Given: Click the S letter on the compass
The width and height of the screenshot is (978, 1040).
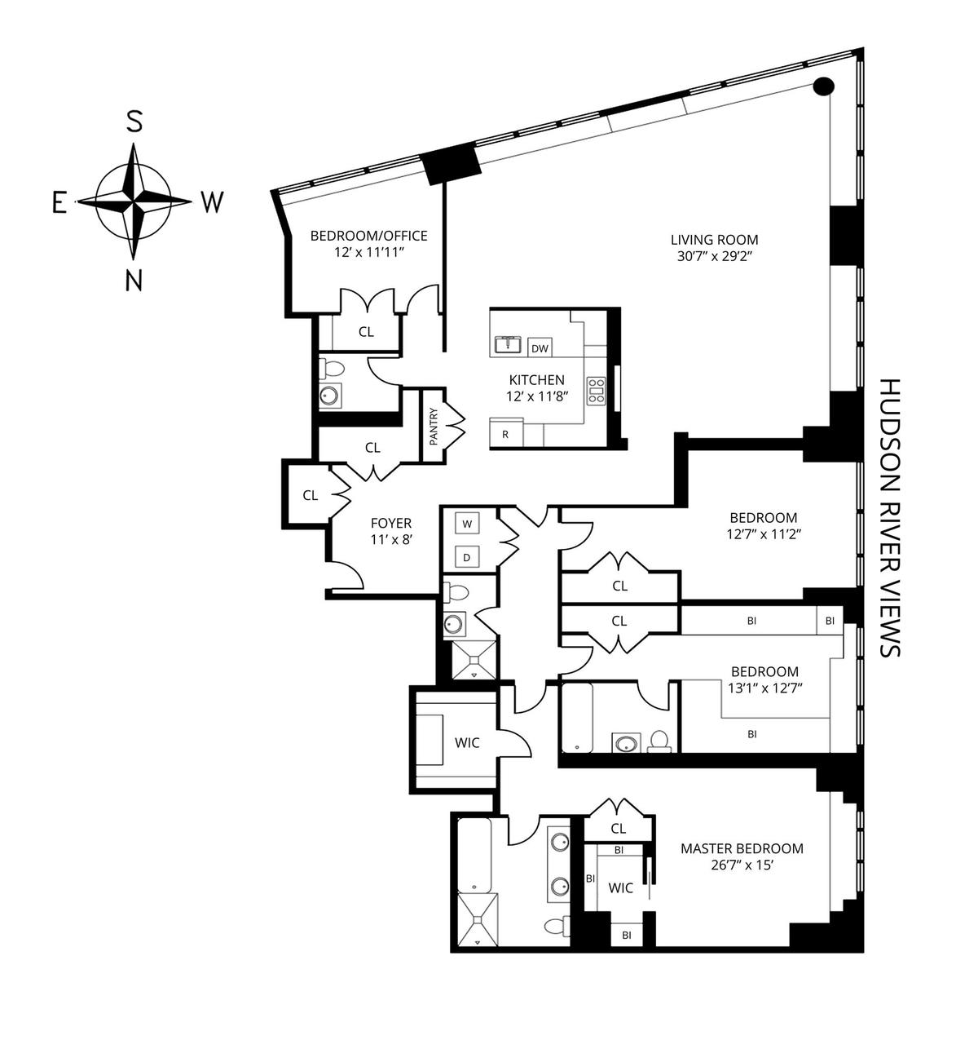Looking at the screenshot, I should [134, 122].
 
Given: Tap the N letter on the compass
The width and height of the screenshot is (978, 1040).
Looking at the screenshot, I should [134, 280].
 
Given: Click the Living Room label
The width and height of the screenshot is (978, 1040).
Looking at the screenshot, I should [714, 240].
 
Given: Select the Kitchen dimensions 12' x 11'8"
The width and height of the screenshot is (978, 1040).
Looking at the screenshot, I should [536, 396].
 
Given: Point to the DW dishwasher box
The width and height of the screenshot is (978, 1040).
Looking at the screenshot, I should [540, 348].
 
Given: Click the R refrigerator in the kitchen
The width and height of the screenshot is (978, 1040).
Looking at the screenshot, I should [505, 434].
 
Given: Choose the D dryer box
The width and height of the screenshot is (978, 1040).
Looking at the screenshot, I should [467, 557].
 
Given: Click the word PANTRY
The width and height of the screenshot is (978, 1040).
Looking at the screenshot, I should [434, 425].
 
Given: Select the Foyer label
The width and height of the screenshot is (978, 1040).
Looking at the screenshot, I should [391, 523].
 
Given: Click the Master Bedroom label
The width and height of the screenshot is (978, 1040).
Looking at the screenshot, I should [742, 848].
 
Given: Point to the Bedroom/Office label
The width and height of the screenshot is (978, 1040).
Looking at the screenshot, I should [368, 236].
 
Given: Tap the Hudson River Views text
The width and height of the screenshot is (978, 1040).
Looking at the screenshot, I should [890, 517].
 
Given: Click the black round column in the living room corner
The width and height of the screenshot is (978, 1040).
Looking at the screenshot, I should [824, 85].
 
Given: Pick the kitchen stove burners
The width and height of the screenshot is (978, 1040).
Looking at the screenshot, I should [597, 391].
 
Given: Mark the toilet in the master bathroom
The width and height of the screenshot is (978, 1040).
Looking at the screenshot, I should [557, 927].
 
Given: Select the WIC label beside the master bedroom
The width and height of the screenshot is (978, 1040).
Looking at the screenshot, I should [621, 887].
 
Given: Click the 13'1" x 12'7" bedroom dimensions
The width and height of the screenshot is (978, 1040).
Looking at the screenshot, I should [765, 688].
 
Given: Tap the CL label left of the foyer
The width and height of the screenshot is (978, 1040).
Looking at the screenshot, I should [310, 495].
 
